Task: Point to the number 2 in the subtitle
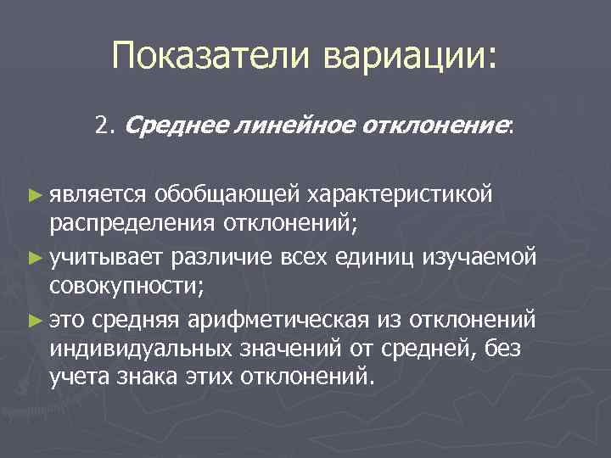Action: (102, 127)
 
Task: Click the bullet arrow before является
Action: (35, 195)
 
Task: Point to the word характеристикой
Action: (399, 194)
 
